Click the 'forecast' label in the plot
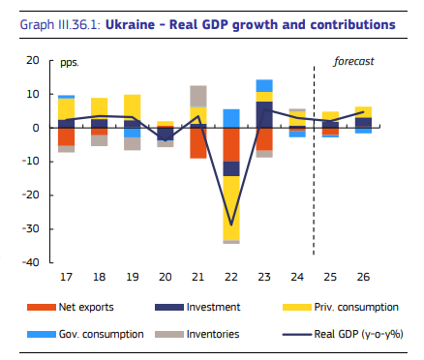tap(353, 61)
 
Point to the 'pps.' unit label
tap(69, 62)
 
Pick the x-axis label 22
tap(231, 278)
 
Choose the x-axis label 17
tap(66, 278)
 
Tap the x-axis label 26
tap(363, 278)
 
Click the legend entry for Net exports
tap(86, 307)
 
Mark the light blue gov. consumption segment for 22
tap(231, 118)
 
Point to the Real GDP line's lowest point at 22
tap(231, 225)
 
